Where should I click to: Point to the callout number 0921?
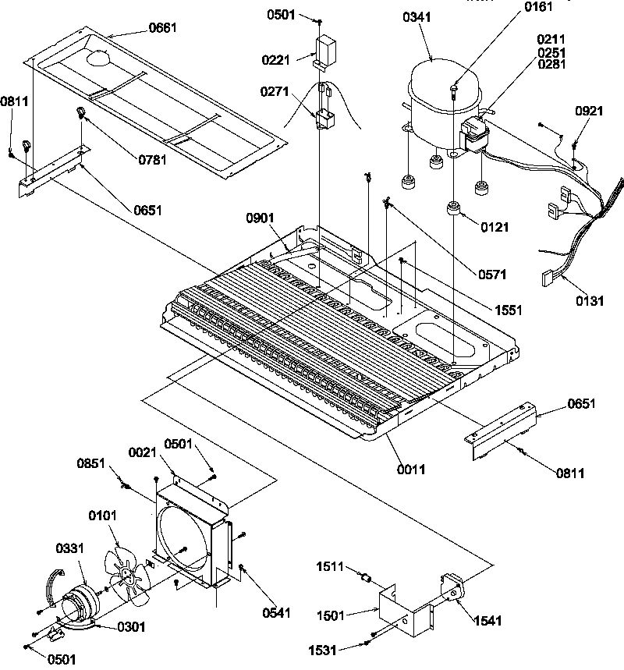[x=589, y=112]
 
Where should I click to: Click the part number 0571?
[x=492, y=274]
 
